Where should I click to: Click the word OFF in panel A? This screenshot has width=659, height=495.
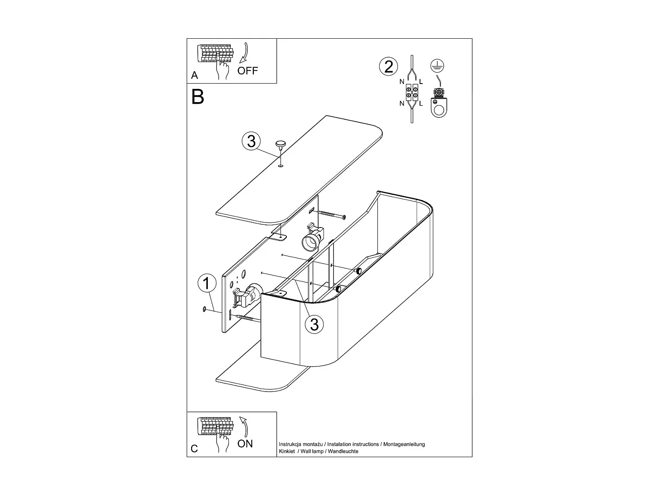pos(248,71)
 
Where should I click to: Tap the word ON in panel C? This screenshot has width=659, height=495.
pos(245,444)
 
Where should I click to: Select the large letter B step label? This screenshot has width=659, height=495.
pos(198,97)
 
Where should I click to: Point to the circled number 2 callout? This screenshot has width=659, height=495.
pos(388,67)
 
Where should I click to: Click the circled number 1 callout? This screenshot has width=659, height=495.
pos(207,284)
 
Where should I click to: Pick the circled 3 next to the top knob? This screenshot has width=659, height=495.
pos(251,141)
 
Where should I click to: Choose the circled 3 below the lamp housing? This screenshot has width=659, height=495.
pos(314,324)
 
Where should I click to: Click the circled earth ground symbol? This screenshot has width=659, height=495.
pos(438,66)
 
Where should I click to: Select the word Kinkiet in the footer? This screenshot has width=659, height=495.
pos(287,451)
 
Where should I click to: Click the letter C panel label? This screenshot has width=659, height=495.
pos(194,449)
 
